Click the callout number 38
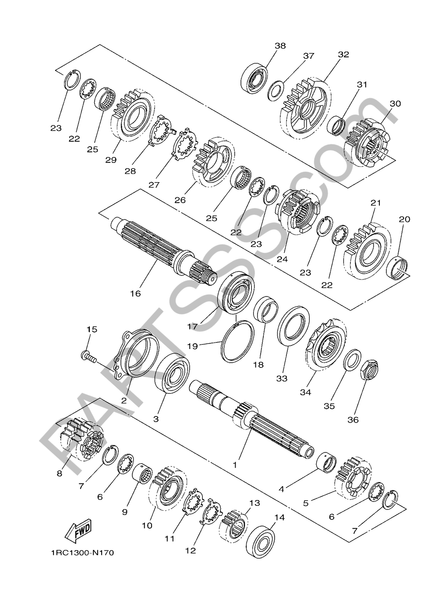[x=280, y=46]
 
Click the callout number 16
[x=135, y=293]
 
